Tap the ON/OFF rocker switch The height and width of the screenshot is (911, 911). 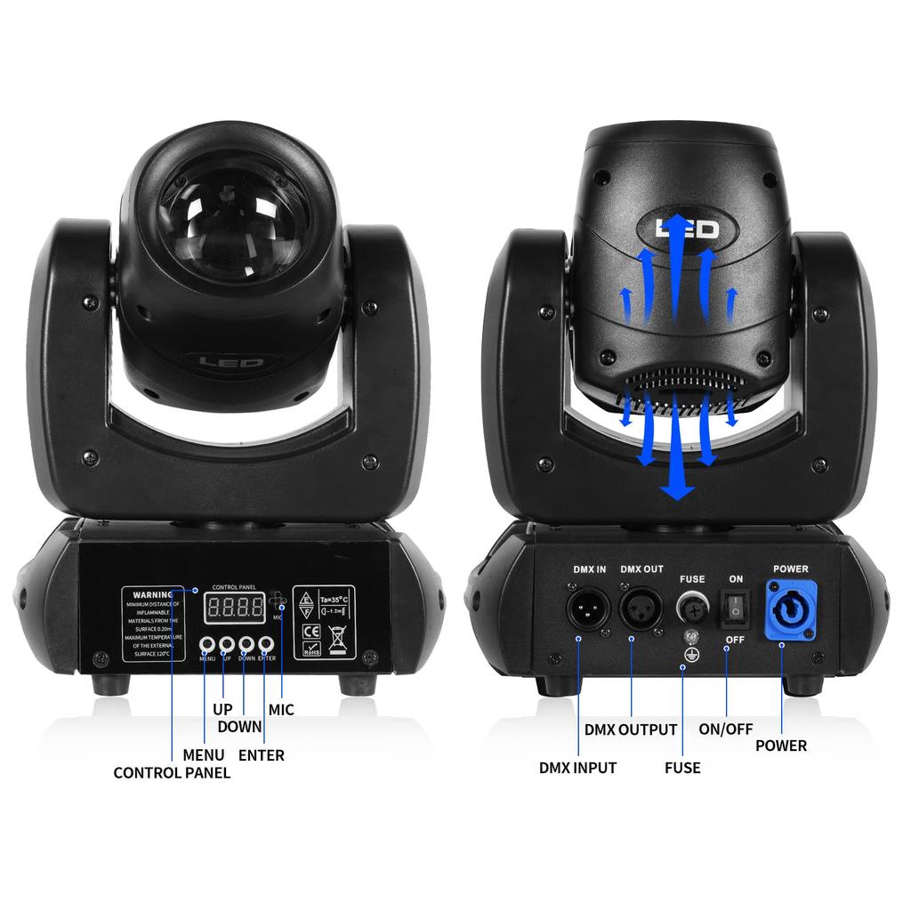pyautogui.click(x=735, y=608)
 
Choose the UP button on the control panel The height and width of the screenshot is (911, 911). pyautogui.click(x=226, y=644)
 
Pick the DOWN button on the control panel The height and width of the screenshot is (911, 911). pyautogui.click(x=246, y=644)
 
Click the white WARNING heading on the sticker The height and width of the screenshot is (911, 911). pyautogui.click(x=152, y=594)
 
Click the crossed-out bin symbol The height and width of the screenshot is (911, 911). pyautogui.click(x=337, y=635)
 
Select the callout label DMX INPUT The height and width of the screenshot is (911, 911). pyautogui.click(x=577, y=767)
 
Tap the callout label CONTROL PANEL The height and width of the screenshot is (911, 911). pyautogui.click(x=172, y=772)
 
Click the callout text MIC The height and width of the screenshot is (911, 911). pyautogui.click(x=281, y=710)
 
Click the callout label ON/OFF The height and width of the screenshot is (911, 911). pyautogui.click(x=726, y=730)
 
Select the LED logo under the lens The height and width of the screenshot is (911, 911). pyautogui.click(x=230, y=362)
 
